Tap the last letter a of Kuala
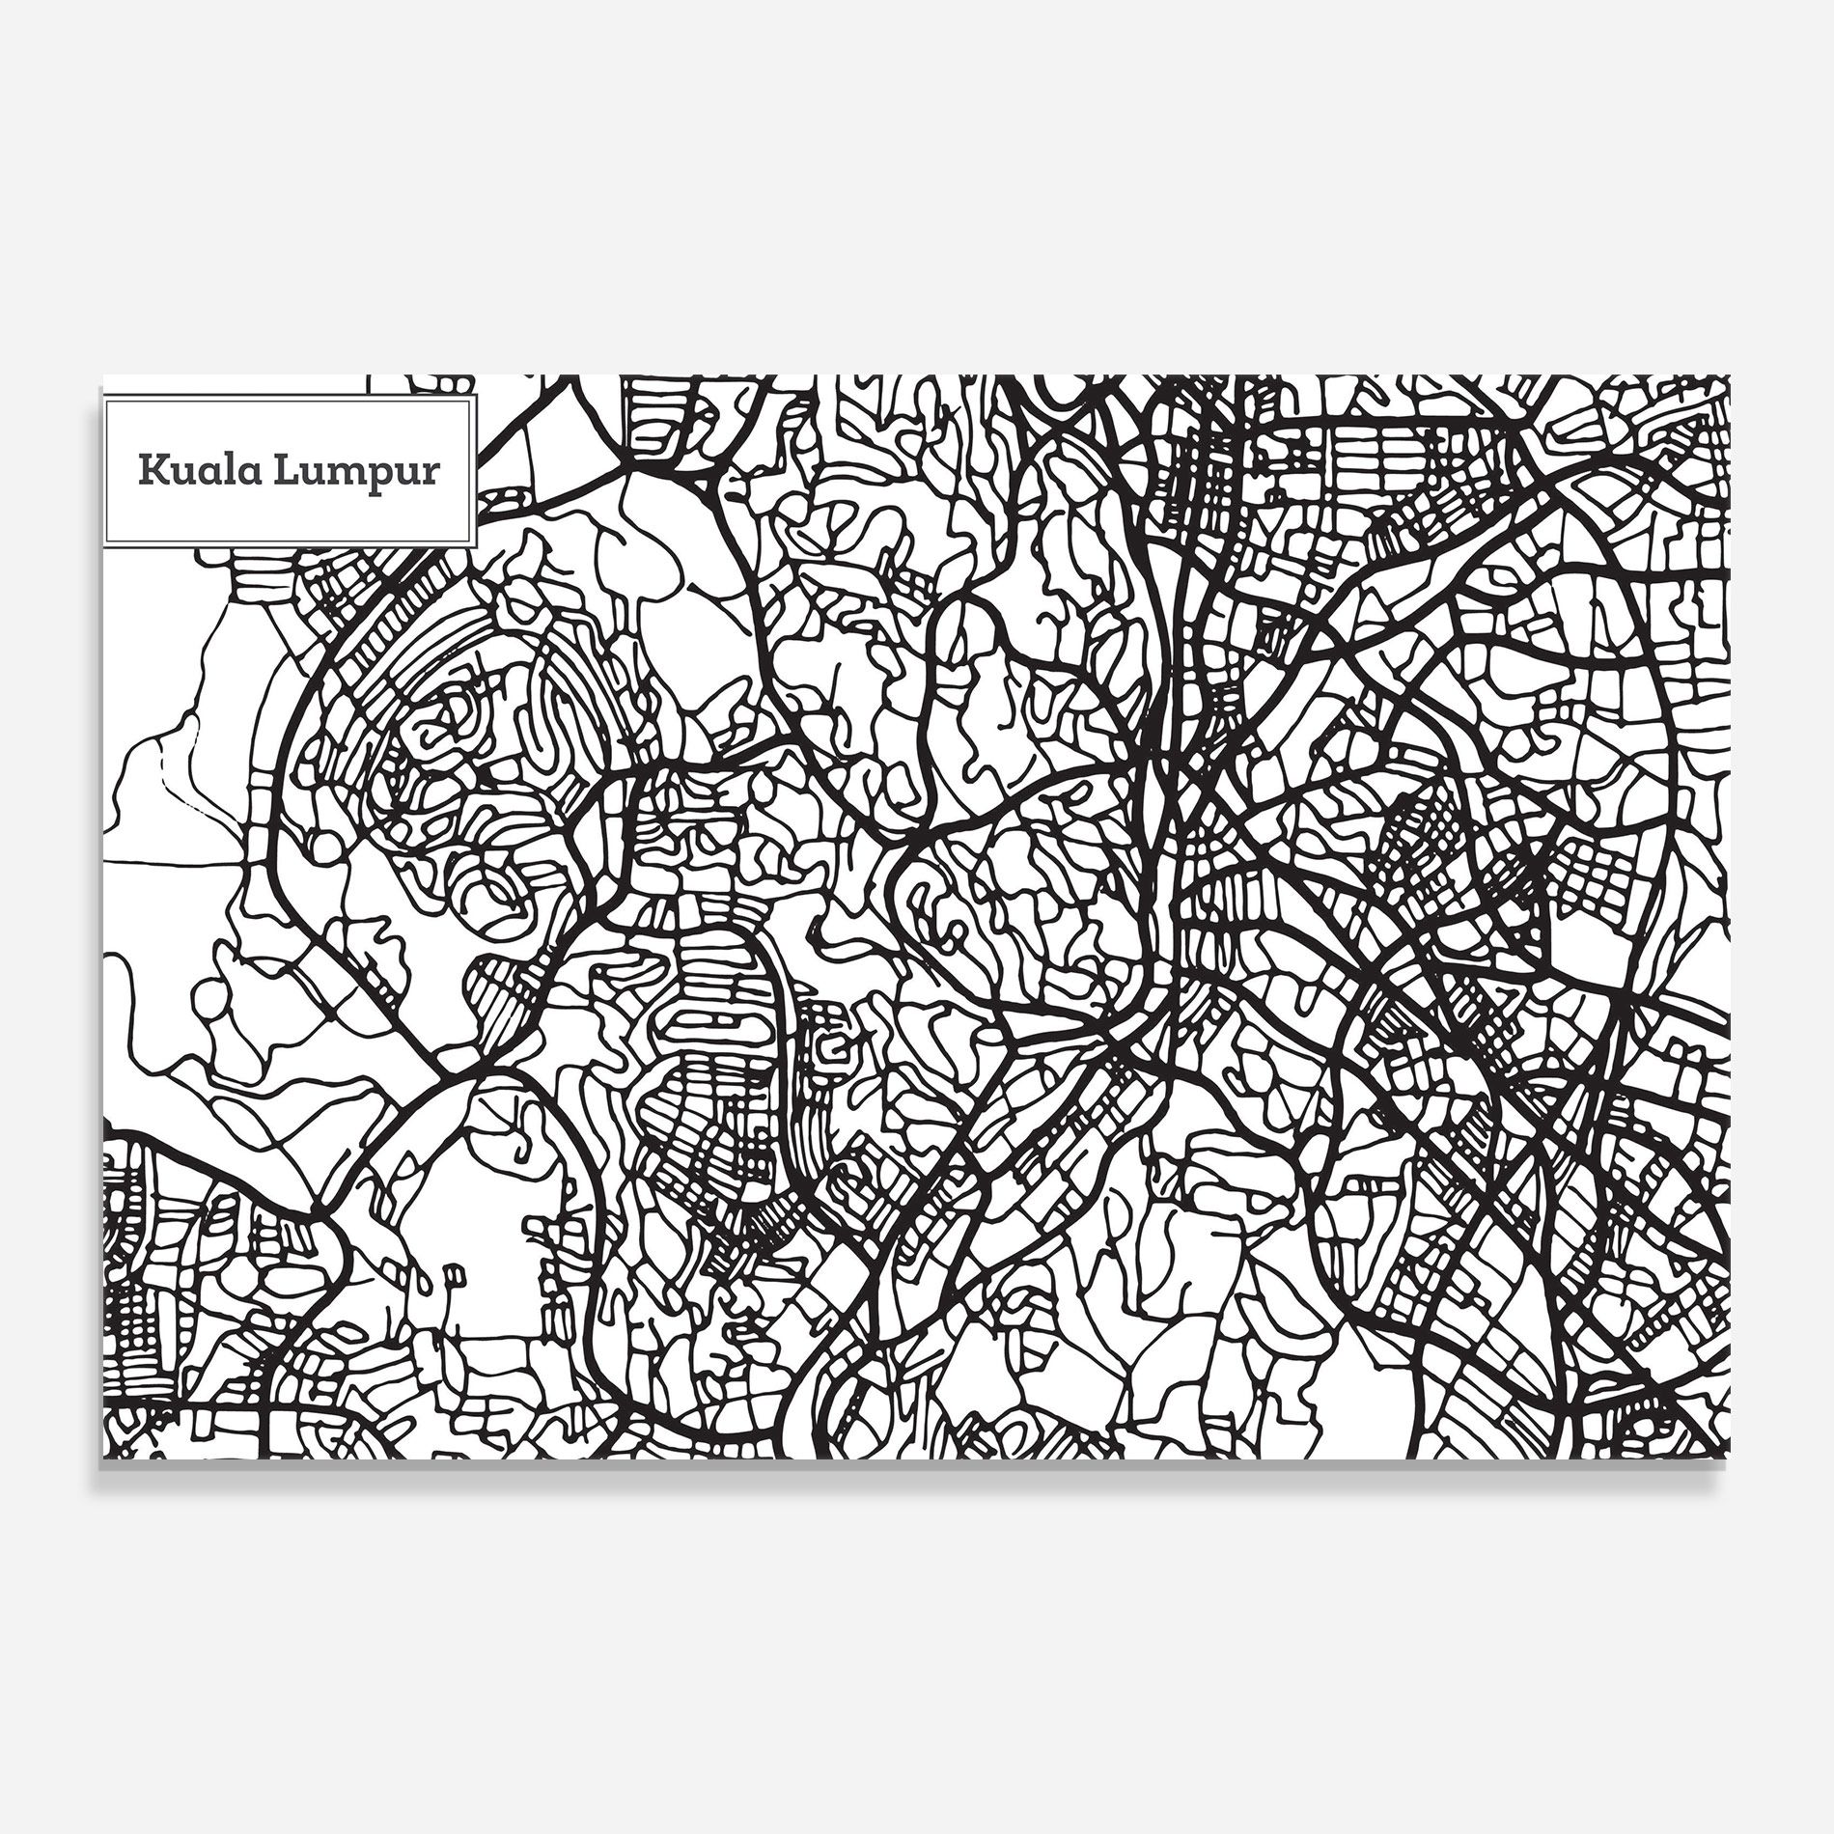pyautogui.click(x=247, y=473)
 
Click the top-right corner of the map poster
pyautogui.click(x=1730, y=376)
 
